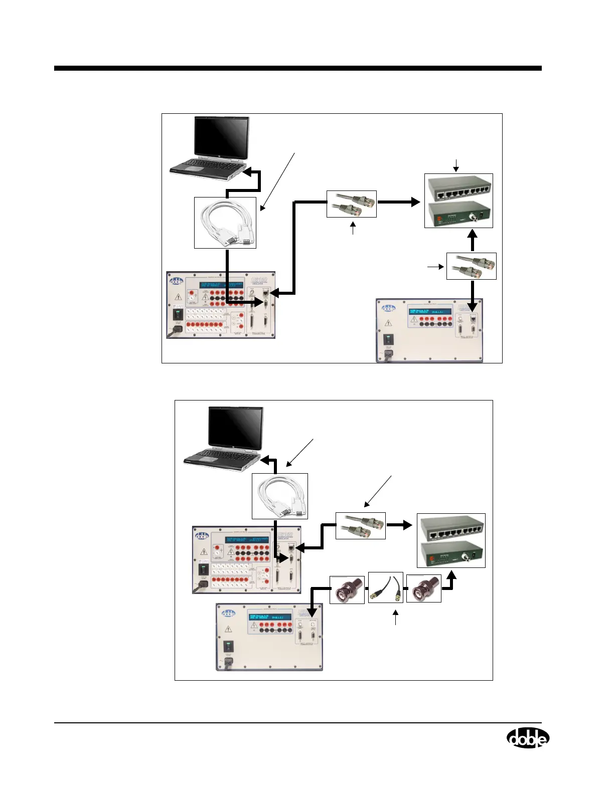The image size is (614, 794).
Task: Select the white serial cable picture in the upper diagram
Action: pos(225,223)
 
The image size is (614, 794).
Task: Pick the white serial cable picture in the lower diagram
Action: pos(279,496)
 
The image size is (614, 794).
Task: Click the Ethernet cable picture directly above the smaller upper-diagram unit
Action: pos(471,266)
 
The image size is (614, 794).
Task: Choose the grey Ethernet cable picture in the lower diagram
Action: pos(360,525)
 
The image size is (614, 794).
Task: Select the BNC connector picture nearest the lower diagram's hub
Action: pos(423,589)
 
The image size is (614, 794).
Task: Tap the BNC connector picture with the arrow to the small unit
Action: pos(347,589)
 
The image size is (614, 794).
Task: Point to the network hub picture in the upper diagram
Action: pos(458,201)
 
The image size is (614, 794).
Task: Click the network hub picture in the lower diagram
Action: pos(451,540)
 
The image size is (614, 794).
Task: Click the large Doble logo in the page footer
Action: pos(528,738)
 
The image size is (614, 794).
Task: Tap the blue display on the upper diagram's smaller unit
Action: pos(429,311)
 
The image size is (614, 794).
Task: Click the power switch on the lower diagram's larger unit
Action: pos(203,570)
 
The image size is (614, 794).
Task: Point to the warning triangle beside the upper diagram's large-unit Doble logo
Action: pos(178,296)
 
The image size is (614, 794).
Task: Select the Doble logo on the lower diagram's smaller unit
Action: pos(229,613)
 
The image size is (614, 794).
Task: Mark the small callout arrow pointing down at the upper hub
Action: pos(456,165)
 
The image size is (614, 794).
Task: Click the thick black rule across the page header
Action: pos(298,68)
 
